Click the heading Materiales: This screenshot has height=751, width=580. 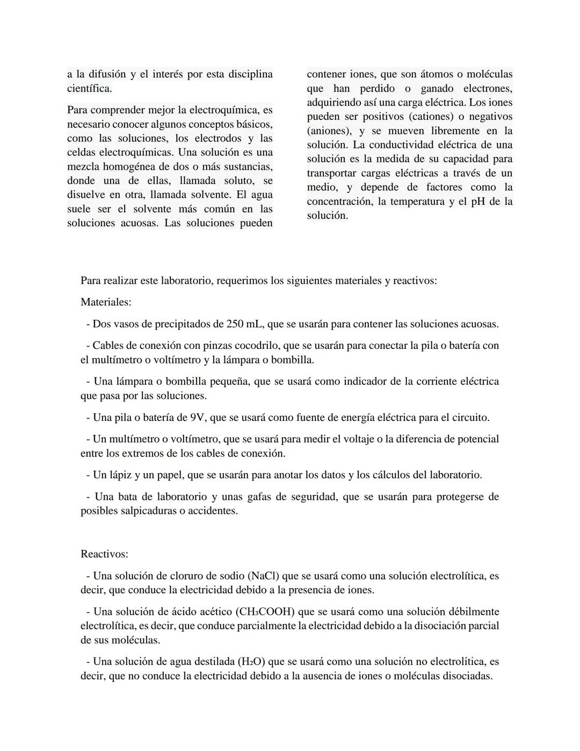tap(106, 302)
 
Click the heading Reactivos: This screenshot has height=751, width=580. tap(104, 554)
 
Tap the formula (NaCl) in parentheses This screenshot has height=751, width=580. tap(263, 576)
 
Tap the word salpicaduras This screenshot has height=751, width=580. tap(144, 511)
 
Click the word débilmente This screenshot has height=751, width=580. tap(467, 612)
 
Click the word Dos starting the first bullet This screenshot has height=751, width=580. tap(102, 324)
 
